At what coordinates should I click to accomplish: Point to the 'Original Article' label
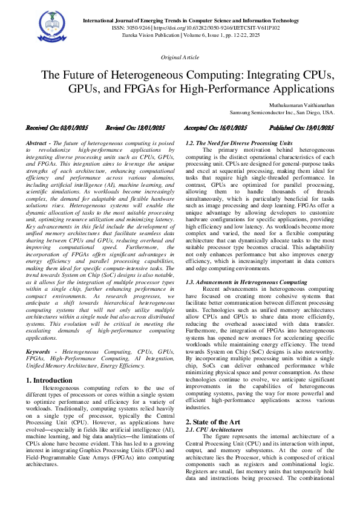point(179,57)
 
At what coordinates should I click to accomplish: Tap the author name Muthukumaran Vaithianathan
point(298,105)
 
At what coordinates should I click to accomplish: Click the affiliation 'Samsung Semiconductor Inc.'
point(266,112)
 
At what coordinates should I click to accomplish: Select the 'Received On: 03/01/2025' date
point(56,128)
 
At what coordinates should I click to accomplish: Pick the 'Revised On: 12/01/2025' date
point(135,128)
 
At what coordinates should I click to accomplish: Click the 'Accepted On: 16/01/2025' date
point(215,128)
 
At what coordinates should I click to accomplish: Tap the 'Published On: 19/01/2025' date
point(301,128)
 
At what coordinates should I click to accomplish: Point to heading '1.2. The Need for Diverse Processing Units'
point(238,143)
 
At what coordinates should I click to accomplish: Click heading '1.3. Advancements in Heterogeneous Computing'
point(246,282)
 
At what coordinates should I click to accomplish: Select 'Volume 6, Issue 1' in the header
point(244,35)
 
